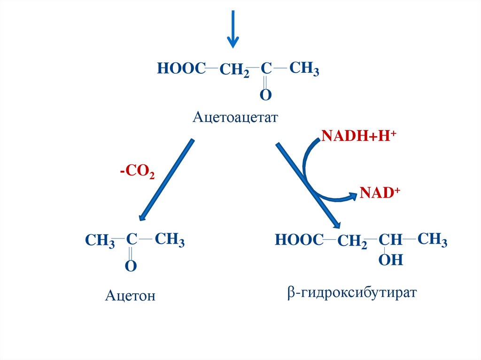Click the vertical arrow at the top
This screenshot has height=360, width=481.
(233, 29)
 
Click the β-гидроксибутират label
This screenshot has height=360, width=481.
(352, 293)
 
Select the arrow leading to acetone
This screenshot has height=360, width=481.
(167, 180)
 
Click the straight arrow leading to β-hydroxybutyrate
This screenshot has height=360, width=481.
(308, 185)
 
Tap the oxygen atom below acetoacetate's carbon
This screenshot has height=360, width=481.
(266, 95)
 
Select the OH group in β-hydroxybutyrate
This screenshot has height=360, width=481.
(391, 260)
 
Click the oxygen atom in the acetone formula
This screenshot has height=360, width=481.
(131, 267)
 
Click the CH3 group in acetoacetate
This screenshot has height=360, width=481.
(304, 69)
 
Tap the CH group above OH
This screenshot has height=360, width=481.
(390, 240)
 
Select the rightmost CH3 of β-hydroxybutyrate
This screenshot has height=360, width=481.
(432, 240)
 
